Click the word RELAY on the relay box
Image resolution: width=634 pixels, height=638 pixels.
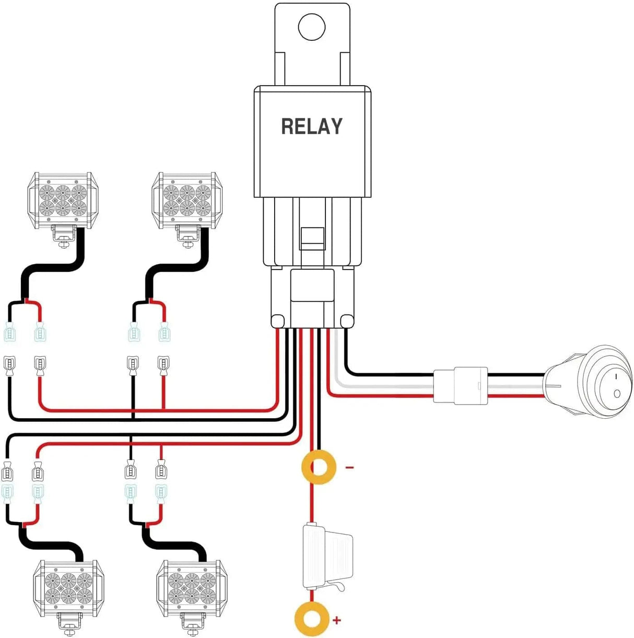pyautogui.click(x=312, y=127)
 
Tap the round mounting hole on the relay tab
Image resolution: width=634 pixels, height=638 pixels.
pyautogui.click(x=312, y=27)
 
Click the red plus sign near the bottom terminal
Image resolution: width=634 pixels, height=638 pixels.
pyautogui.click(x=337, y=620)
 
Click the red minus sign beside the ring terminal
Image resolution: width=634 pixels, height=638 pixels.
pyautogui.click(x=349, y=467)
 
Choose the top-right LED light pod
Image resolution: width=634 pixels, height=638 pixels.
pyautogui.click(x=186, y=200)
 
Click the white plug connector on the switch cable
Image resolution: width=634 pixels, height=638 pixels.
pyautogui.click(x=460, y=385)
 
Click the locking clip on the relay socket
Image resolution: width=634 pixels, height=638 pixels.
pyautogui.click(x=312, y=239)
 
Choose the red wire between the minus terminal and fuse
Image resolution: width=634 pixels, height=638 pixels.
pyautogui.click(x=312, y=504)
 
